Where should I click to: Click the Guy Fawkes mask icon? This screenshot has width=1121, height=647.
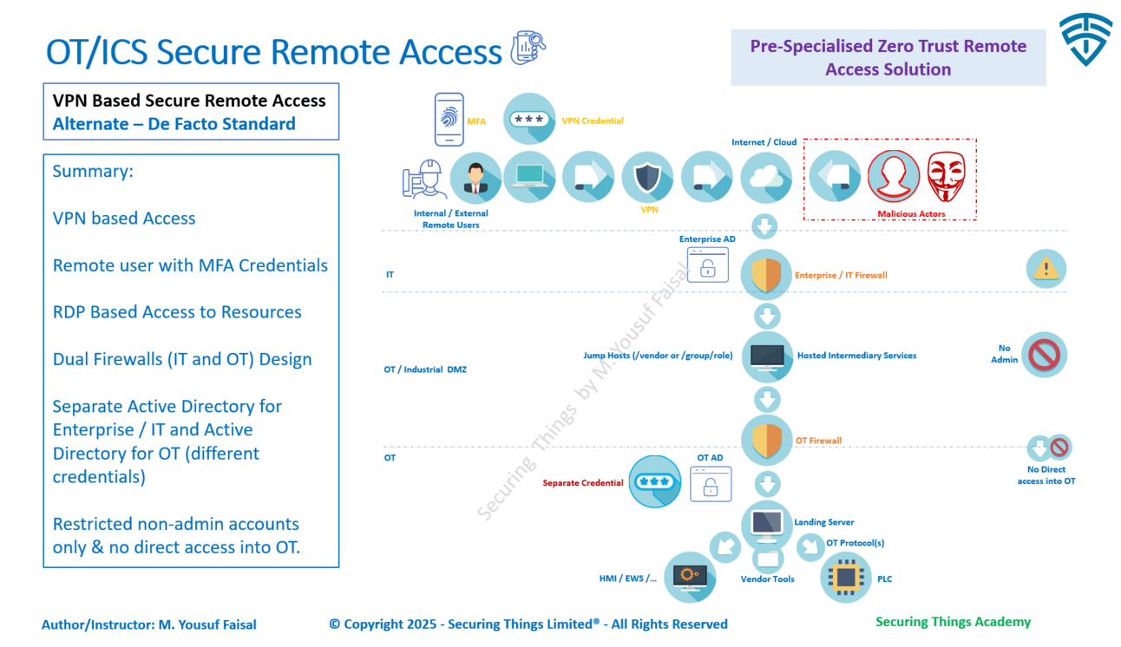point(946,177)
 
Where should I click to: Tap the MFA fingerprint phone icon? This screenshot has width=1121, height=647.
point(449,120)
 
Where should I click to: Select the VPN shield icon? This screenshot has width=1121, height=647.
point(647,177)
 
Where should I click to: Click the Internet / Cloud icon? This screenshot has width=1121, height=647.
point(766,178)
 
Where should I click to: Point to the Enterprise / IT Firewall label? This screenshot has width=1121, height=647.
point(841,275)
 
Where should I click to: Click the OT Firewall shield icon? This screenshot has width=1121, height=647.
point(766,441)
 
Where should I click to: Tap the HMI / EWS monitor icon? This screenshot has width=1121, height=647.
point(690,577)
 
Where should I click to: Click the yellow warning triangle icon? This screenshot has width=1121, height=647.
point(1046,269)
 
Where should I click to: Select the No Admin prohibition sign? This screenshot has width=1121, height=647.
point(1044,355)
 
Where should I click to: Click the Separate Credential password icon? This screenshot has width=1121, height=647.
point(654,482)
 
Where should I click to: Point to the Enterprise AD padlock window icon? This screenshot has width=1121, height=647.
point(707,265)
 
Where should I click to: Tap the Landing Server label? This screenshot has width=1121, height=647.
point(823,522)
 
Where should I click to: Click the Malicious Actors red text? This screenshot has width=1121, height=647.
point(910,213)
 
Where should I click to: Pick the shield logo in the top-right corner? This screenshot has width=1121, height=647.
point(1085,39)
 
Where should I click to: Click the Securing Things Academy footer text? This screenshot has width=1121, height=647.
point(953,622)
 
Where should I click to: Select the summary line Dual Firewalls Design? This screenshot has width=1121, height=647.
point(181,359)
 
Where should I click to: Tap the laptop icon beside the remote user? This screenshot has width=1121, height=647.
point(529,177)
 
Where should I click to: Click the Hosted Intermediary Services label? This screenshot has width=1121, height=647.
point(856,356)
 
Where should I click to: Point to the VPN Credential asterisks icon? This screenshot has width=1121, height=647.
point(528,120)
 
